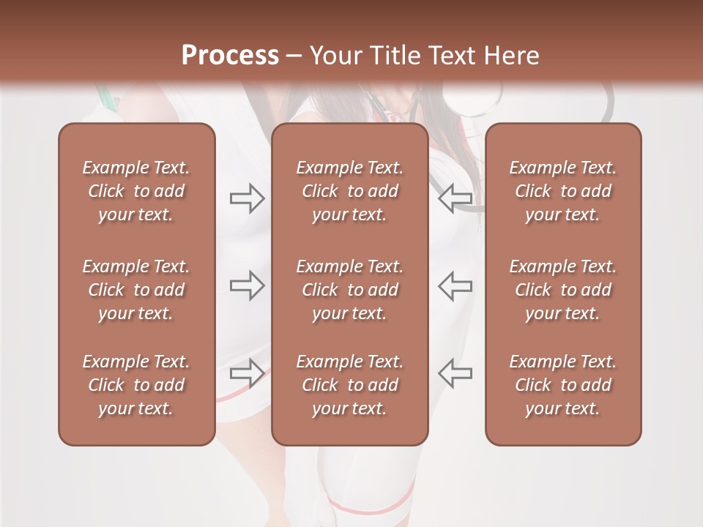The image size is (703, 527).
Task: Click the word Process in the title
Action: [230, 56]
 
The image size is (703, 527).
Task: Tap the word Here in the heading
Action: [513, 56]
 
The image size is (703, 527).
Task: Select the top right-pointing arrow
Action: [248, 198]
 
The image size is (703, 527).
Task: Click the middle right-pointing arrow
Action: [248, 285]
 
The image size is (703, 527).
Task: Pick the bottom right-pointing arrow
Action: [248, 373]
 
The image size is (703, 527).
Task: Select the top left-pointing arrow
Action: [455, 198]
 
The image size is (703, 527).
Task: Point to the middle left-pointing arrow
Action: [455, 285]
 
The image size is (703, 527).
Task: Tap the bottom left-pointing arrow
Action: [455, 373]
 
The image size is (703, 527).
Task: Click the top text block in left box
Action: [136, 191]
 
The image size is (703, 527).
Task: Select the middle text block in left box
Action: [136, 290]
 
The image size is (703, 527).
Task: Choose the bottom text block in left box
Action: [136, 385]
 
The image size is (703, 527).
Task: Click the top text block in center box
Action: [349, 191]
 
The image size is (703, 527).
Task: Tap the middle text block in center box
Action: [349, 290]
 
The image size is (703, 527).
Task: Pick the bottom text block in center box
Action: [349, 385]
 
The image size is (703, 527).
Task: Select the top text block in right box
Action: [562, 191]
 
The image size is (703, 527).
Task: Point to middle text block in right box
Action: [562, 290]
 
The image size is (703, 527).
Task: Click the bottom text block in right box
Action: [562, 385]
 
